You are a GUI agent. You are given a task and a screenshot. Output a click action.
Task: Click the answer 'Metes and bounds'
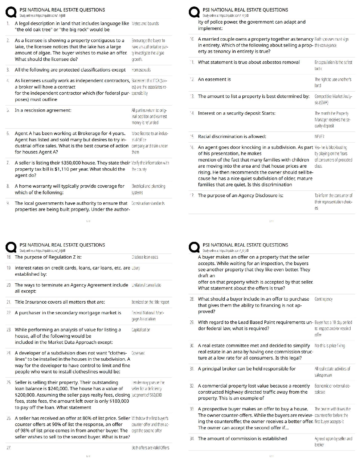(x=145, y=24)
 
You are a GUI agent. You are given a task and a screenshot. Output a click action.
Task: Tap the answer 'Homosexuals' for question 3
(x=141, y=70)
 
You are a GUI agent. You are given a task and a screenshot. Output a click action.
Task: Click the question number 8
(x=8, y=186)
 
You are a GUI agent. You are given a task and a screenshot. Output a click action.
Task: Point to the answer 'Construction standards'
(x=148, y=203)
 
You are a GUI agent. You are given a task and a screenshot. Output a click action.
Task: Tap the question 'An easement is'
(x=214, y=79)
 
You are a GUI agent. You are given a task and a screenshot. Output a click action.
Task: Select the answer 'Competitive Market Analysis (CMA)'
(x=333, y=99)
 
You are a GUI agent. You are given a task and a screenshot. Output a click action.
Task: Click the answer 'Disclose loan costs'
(x=145, y=257)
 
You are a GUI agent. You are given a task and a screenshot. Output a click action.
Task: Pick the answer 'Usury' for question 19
(x=136, y=268)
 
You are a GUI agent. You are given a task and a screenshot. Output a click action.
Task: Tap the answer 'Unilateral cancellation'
(x=146, y=285)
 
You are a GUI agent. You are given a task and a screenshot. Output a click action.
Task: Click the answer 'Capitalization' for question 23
(x=141, y=330)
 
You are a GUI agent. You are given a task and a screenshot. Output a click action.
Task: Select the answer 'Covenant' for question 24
(x=138, y=353)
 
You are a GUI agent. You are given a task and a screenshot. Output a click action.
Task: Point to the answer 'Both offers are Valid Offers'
(x=150, y=448)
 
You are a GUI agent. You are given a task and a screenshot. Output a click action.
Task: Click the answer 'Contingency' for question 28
(x=324, y=299)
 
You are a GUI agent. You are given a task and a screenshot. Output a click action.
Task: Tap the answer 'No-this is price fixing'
(x=330, y=346)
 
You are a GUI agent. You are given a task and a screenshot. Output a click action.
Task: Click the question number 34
(x=192, y=439)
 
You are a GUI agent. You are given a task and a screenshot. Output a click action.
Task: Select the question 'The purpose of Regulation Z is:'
(x=48, y=257)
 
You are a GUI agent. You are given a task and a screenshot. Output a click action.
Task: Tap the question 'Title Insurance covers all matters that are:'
(x=60, y=302)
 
